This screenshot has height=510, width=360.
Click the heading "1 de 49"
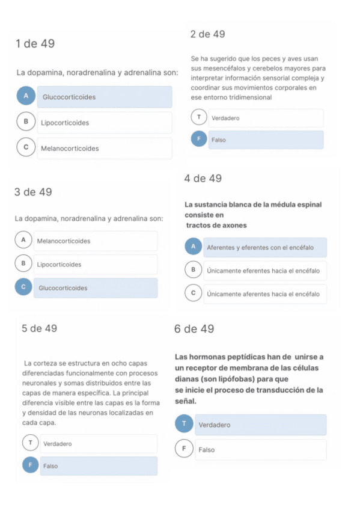(35, 43)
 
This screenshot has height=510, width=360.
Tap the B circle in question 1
(26, 122)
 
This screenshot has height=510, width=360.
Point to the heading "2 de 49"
(207, 34)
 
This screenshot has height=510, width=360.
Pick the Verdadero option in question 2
(264, 118)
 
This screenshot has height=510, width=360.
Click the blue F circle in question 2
(198, 140)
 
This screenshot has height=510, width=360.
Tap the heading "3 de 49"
(32, 192)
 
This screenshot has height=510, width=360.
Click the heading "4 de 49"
(203, 179)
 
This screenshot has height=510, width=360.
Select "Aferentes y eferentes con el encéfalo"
(264, 247)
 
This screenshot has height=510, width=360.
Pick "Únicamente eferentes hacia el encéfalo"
(264, 271)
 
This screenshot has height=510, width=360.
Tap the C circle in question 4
(193, 293)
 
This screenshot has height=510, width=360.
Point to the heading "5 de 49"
(39, 328)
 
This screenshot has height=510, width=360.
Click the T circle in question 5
(30, 443)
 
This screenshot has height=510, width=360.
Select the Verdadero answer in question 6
(260, 425)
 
